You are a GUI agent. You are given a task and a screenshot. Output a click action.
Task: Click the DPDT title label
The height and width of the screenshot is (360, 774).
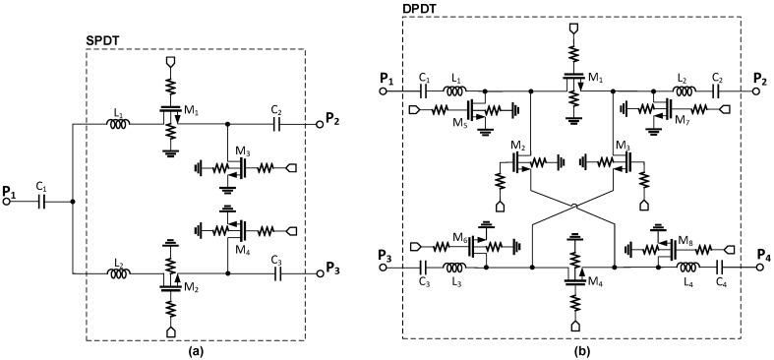(421, 9)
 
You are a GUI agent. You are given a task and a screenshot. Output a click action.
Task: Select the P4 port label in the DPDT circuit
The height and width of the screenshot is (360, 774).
(762, 254)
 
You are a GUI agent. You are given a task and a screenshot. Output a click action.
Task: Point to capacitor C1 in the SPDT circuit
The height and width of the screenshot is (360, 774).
(41, 203)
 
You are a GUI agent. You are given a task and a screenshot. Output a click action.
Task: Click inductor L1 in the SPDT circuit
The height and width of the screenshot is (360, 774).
(118, 124)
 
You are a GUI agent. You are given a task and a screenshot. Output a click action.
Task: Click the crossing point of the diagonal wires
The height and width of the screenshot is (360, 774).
(571, 207)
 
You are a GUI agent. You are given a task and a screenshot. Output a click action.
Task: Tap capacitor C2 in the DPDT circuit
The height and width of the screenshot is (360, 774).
(718, 89)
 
